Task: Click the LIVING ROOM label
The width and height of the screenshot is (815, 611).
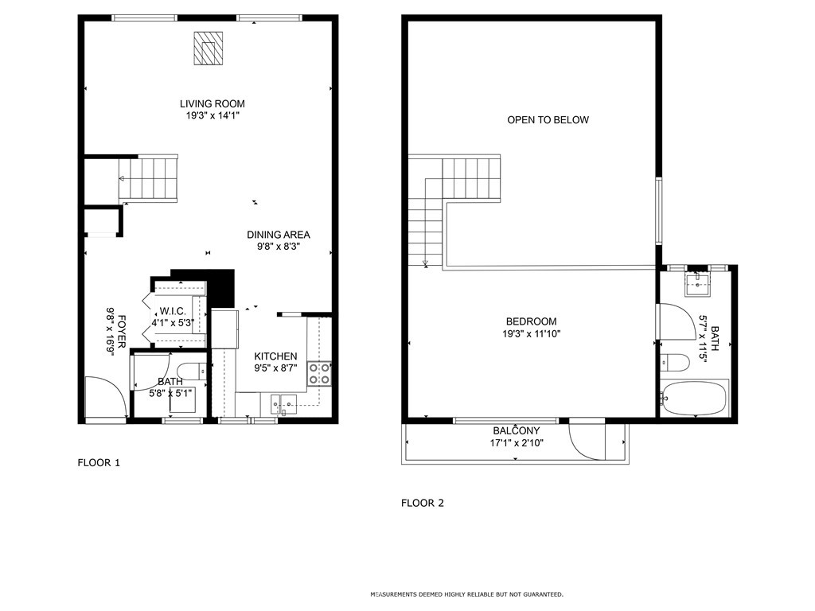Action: (x=212, y=103)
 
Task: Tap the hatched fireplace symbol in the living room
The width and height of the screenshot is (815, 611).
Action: (x=209, y=49)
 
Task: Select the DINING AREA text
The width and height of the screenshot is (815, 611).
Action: (x=278, y=235)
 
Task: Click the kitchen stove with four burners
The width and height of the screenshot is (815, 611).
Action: (x=319, y=373)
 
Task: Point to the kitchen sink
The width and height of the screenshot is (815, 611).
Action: (x=283, y=404)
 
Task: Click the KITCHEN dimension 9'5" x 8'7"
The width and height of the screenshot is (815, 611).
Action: (x=275, y=368)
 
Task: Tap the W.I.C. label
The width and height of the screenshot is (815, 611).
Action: (x=173, y=311)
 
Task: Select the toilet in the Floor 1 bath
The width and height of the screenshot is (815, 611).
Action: (x=191, y=371)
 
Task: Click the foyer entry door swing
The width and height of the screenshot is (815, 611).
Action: (x=105, y=397)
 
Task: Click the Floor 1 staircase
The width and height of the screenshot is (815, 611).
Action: (x=147, y=179)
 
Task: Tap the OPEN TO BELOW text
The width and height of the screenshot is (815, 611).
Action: (x=548, y=120)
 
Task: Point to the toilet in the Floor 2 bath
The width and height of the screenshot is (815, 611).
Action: (x=675, y=363)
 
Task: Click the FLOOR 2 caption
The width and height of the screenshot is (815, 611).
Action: (x=422, y=503)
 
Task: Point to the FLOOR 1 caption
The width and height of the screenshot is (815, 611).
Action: (x=99, y=462)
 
